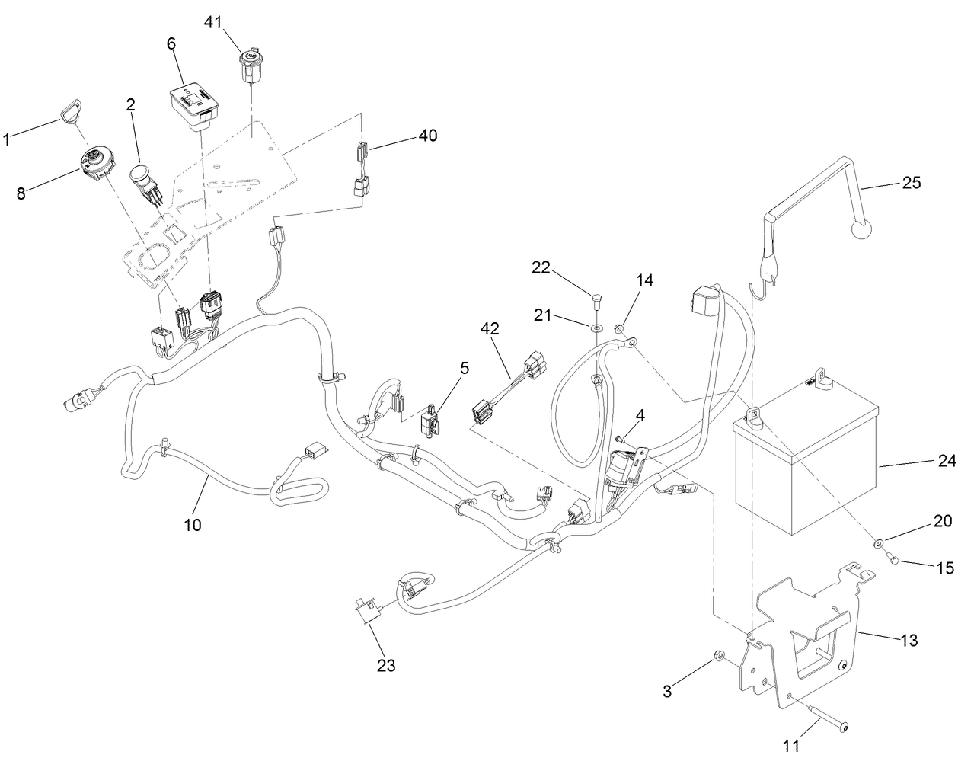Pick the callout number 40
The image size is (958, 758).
pos(428,136)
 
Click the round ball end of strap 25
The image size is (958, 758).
pos(858,229)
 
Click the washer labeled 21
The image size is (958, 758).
pos(595,325)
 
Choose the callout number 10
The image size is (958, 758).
pos(193,525)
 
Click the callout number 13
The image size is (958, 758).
pos(909,640)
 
